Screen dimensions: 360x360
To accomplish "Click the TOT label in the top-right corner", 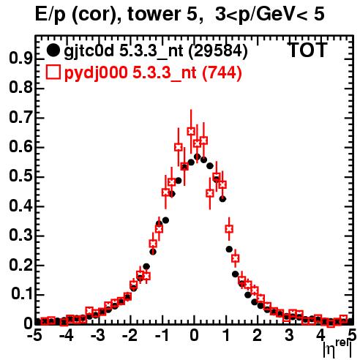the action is [x=308, y=50].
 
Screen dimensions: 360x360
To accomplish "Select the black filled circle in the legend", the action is [x=53, y=50].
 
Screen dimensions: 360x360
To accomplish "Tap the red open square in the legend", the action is [x=53, y=72].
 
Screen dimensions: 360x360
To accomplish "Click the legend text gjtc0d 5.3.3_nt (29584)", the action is [x=156, y=50].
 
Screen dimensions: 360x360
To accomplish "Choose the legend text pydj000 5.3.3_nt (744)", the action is [x=153, y=72].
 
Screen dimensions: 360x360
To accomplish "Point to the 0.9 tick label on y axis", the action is [x=20, y=59].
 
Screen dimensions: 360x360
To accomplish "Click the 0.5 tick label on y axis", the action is [x=20, y=176].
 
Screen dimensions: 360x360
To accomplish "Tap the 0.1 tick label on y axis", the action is [x=22, y=294].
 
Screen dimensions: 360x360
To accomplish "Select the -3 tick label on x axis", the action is [x=97, y=336].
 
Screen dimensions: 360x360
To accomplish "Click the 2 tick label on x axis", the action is [x=257, y=336].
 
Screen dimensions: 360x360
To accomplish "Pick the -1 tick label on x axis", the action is [x=161, y=336].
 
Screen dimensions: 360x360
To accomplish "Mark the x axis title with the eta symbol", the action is [x=338, y=348].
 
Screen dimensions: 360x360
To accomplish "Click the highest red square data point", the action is [x=191, y=131].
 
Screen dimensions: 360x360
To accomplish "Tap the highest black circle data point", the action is [x=198, y=157].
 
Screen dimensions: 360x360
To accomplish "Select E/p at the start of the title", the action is [x=50, y=15].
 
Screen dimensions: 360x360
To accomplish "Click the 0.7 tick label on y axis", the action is [x=20, y=117].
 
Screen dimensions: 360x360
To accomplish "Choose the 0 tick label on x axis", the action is [x=194, y=336].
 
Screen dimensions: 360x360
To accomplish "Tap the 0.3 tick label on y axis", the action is [x=20, y=236].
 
